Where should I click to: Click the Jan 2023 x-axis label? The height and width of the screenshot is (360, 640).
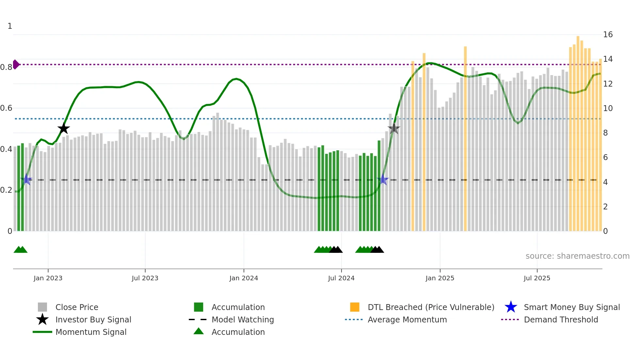pos(48,278)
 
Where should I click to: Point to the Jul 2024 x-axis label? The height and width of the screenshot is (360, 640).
pos(341,278)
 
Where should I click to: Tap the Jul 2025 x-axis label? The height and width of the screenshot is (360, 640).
pos(537,278)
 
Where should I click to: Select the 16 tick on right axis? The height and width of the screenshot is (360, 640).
pos(608,35)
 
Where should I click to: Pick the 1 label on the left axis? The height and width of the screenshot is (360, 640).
pos(10,26)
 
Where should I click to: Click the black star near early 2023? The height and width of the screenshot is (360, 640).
pos(64,128)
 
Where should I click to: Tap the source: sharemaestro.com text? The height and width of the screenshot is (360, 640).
pos(577,256)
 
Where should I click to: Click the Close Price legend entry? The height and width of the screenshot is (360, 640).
pos(76,307)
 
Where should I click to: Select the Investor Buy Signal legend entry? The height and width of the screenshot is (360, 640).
pos(93,319)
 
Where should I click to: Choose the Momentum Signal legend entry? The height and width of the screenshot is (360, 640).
pos(91,332)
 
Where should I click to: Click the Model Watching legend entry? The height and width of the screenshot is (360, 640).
pos(242,319)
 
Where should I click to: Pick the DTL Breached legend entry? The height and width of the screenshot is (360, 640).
pos(431,307)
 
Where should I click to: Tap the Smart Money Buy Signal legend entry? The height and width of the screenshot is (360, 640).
pos(571,307)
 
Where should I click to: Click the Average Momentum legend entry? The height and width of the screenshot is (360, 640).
pos(407,319)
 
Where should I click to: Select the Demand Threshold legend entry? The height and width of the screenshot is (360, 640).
pos(561,319)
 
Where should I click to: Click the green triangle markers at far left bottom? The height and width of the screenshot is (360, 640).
pos(20,250)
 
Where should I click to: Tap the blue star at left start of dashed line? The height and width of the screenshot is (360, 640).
pos(26,180)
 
